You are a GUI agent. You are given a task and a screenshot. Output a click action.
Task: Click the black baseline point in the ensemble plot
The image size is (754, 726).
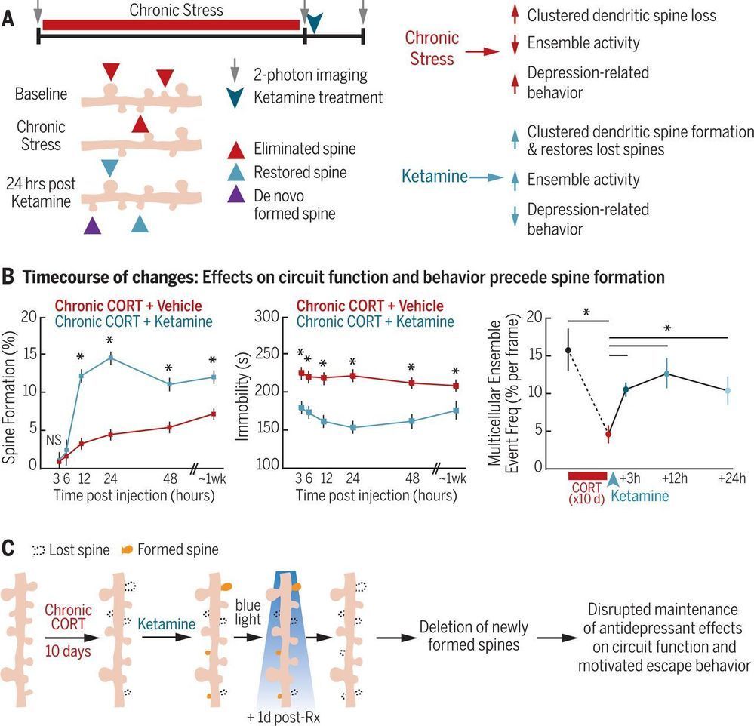568,350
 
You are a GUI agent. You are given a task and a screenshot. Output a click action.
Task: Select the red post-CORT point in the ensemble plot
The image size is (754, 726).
608,434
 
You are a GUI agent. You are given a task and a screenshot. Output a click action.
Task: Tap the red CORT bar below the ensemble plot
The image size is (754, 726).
587,475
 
